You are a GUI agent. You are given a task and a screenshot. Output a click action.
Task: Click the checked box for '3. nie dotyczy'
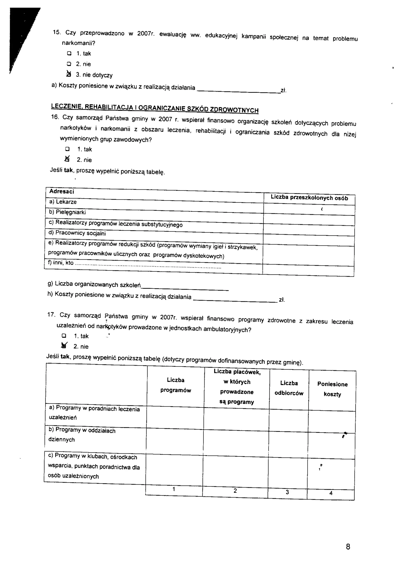(68, 74)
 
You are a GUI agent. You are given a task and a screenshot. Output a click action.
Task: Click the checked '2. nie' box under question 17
(64, 346)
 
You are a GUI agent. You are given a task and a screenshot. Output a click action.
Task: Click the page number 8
(348, 547)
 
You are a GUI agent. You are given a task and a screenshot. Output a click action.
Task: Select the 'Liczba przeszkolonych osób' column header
(309, 198)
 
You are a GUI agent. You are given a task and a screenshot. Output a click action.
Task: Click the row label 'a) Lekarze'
(63, 202)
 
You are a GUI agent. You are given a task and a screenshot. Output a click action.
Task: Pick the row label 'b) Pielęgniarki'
(67, 212)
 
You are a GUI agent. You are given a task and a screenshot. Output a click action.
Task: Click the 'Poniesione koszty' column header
(332, 389)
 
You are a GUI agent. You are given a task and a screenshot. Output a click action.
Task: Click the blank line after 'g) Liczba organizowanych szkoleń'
(185, 288)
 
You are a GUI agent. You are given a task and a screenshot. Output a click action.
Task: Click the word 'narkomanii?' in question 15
(78, 43)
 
